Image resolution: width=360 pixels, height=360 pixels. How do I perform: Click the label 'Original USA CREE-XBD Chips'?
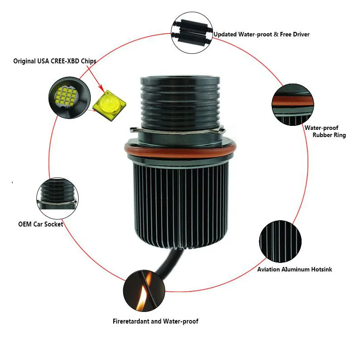point(55,61)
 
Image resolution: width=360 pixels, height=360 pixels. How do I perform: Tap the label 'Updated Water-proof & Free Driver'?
point(262,35)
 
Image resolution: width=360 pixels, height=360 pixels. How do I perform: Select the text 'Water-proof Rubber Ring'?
point(325,131)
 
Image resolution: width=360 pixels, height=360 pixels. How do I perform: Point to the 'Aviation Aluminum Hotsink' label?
point(294,269)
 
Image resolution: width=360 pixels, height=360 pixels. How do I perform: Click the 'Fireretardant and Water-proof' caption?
point(156,321)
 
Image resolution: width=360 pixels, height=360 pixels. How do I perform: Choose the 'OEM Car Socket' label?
point(40,224)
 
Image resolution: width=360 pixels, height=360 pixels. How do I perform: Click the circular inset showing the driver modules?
point(192,33)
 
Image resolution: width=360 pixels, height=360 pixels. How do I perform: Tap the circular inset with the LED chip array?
point(70,98)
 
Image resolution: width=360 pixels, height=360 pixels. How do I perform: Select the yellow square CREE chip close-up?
point(110,105)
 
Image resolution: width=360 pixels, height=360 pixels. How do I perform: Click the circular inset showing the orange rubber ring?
point(293,104)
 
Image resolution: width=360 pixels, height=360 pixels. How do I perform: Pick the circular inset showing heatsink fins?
point(280,241)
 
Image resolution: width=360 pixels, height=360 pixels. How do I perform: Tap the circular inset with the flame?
point(144,291)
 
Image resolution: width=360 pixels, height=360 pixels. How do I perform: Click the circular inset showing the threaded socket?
point(58,198)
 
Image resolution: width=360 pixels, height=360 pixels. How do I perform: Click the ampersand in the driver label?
point(276,35)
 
